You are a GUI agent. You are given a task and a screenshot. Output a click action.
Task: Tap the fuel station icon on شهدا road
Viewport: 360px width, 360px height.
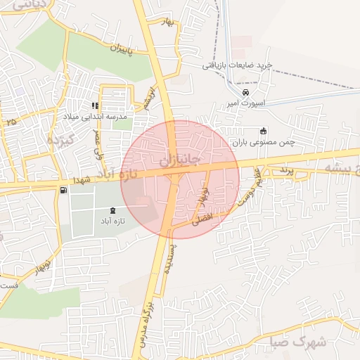pyautogui.click(x=64, y=190)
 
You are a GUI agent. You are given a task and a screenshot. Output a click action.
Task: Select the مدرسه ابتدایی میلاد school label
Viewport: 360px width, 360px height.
pyautogui.click(x=105, y=117)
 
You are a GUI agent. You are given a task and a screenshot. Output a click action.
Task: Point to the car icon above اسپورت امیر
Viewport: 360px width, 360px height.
pyautogui.click(x=245, y=93)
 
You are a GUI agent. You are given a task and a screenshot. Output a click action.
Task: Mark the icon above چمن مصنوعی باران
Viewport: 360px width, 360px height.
pyautogui.click(x=263, y=130)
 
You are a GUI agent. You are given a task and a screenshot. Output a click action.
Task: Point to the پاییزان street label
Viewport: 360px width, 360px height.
pyautogui.click(x=122, y=49)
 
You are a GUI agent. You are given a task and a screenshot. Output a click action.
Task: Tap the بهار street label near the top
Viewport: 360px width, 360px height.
pyautogui.click(x=168, y=24)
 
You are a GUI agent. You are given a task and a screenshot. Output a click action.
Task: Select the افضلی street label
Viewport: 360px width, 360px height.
pyautogui.click(x=201, y=219)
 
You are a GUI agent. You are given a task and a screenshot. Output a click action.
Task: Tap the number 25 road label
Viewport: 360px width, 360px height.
pyautogui.click(x=11, y=122)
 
